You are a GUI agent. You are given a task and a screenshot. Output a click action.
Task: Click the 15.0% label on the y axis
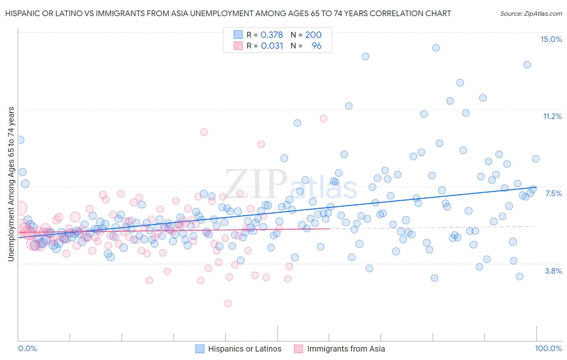(551, 39)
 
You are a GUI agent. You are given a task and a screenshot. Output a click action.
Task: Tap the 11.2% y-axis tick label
(552, 116)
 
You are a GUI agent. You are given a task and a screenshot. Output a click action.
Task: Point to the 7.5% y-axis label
(553, 193)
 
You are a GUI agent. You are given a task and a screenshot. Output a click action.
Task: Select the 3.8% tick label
(553, 271)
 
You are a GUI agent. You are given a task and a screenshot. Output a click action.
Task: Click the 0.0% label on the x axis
(28, 348)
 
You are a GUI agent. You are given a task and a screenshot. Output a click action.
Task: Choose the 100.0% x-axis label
(548, 348)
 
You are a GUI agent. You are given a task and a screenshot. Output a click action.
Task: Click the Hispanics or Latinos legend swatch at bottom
(200, 349)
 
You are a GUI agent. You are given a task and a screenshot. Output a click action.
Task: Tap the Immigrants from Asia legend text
(346, 349)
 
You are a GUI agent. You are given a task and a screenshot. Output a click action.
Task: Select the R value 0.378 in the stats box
(272, 35)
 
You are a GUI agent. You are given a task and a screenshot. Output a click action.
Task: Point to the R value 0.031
(272, 46)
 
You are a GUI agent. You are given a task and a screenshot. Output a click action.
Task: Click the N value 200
(313, 35)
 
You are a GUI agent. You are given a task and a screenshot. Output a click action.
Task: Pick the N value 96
(317, 46)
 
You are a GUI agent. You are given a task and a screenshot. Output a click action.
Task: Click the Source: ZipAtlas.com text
(531, 13)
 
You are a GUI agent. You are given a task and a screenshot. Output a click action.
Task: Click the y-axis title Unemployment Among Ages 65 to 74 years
(11, 184)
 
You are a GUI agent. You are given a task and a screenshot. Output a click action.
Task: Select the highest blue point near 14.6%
(436, 48)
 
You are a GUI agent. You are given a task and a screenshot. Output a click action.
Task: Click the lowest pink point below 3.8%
(228, 303)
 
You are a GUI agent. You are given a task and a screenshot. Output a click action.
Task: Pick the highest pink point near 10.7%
(323, 118)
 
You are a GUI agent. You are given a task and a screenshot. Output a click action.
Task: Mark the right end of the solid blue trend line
(536, 187)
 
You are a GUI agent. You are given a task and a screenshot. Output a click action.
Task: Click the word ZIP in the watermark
(256, 184)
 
